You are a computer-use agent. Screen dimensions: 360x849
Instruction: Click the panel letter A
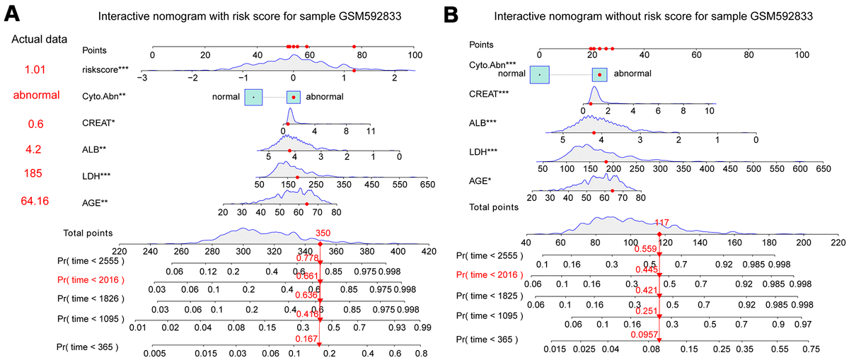12,12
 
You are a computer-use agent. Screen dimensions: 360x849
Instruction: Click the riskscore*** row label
105,69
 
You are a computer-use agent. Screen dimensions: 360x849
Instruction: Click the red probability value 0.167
306,339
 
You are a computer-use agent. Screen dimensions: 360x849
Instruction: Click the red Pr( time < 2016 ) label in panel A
91,279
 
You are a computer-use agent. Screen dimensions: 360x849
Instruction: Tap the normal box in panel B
539,73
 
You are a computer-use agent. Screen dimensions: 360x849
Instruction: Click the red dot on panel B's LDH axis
606,162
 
